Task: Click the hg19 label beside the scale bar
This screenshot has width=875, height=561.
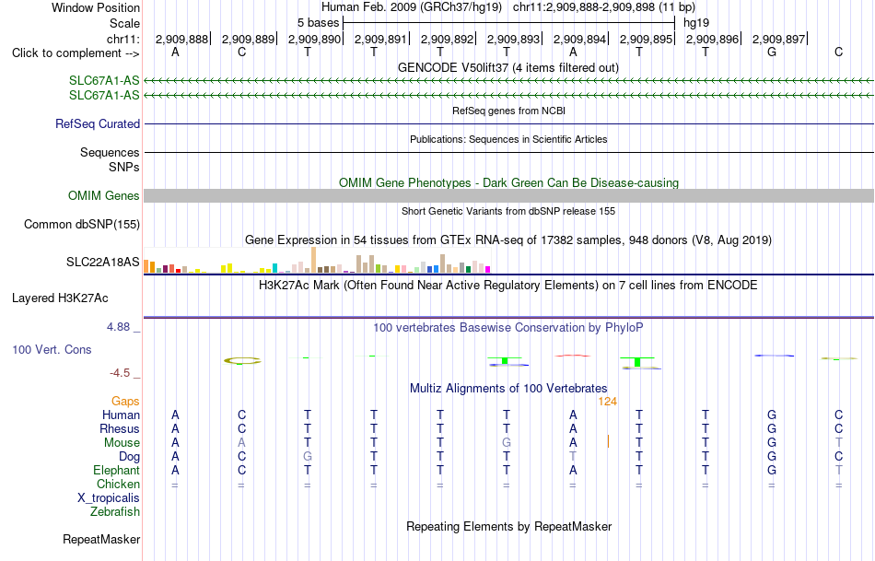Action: coord(696,23)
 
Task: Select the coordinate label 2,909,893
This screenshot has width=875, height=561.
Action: coord(513,39)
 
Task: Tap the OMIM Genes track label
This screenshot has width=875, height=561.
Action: coord(104,196)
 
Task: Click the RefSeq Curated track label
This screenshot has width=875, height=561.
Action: coord(98,124)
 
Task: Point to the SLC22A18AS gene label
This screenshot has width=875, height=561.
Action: coord(102,262)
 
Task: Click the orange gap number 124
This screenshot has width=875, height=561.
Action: coord(607,402)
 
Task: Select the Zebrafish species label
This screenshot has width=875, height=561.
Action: coord(115,512)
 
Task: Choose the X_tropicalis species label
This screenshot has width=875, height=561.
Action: coord(109,498)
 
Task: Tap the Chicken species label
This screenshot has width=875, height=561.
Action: coord(118,484)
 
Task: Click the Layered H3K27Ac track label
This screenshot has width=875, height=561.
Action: coord(60,298)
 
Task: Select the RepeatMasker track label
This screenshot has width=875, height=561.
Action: coord(101,539)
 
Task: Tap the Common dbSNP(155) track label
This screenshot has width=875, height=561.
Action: coord(81,225)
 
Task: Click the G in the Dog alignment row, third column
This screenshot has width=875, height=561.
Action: coord(308,457)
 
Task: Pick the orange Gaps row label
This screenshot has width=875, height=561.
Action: coord(125,402)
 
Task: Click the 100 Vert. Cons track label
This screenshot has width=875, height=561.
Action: coord(52,349)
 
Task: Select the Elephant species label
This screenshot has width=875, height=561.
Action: coord(116,471)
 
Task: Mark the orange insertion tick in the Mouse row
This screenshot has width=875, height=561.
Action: coord(608,441)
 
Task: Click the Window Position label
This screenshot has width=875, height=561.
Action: coord(96,7)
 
